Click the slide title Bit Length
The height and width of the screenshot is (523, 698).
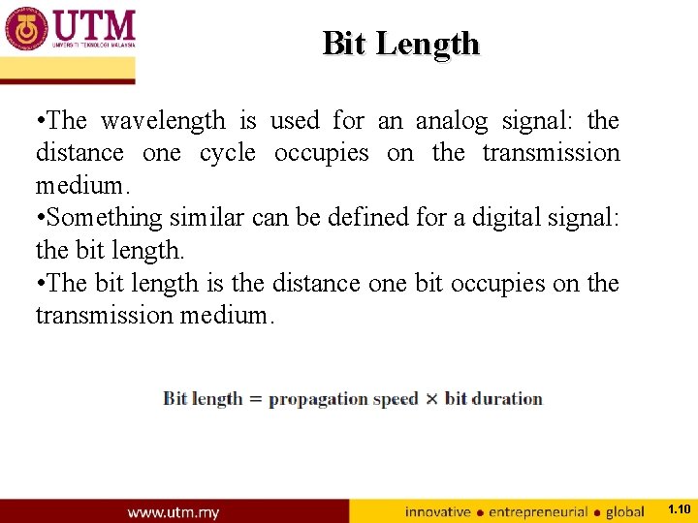(x=400, y=44)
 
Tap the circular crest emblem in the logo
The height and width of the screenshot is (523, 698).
(x=26, y=28)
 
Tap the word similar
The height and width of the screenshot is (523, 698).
(x=210, y=218)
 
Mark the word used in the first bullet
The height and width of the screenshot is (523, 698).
(x=294, y=121)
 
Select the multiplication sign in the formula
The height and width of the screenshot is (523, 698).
(x=431, y=399)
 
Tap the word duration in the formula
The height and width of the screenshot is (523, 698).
(x=506, y=399)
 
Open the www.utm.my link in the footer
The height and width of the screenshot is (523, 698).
(x=174, y=511)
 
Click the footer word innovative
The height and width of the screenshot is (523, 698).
(x=437, y=511)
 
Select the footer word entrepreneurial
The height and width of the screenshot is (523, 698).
(x=538, y=511)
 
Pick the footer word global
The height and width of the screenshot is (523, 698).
(x=625, y=511)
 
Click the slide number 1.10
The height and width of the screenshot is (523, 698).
(x=680, y=509)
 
